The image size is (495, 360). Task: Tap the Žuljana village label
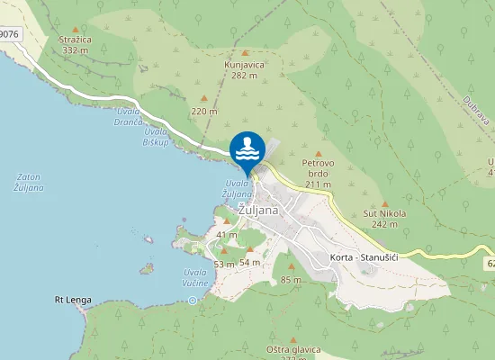pyautogui.click(x=258, y=209)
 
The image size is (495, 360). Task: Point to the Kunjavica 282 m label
pyautogui.click(x=244, y=70)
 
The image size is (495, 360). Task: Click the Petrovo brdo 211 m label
pyautogui.click(x=319, y=174)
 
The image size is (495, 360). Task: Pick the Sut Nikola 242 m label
pyautogui.click(x=385, y=219)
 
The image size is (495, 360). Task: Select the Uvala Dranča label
pyautogui.click(x=131, y=125)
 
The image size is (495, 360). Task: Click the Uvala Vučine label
pyautogui.click(x=196, y=277)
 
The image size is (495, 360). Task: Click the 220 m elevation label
pyautogui.click(x=204, y=111)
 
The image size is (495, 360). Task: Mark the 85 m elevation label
pyautogui.click(x=291, y=280)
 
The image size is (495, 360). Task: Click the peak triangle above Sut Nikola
pyautogui.click(x=385, y=204)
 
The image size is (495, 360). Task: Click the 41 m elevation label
pyautogui.click(x=226, y=234)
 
